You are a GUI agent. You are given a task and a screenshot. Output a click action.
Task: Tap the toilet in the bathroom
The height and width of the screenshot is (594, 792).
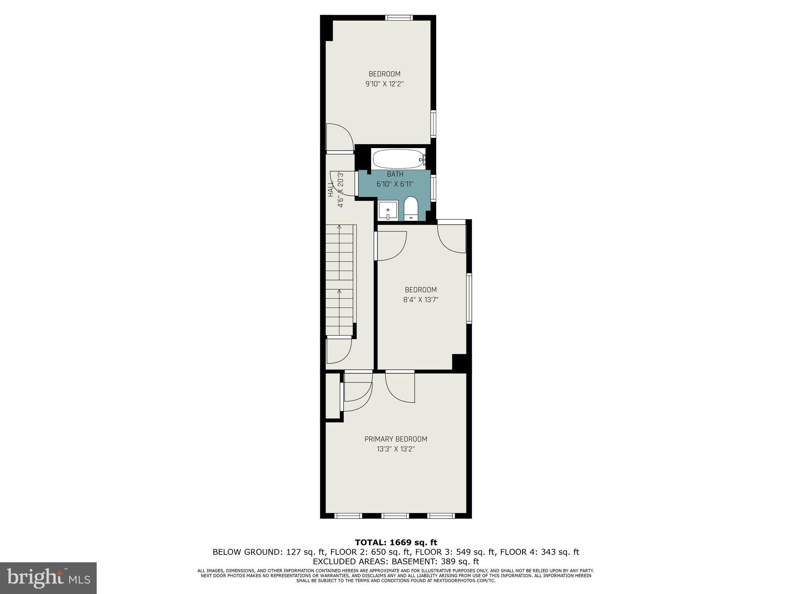[411, 208]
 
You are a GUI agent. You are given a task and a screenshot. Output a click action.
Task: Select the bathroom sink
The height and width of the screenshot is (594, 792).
[388, 211]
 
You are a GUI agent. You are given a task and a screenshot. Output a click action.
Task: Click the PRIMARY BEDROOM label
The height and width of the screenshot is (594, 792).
[396, 439]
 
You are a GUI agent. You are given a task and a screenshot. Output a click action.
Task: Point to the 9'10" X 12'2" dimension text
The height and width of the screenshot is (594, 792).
[384, 84]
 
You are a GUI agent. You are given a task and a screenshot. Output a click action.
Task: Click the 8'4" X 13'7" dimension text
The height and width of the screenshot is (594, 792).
[421, 299]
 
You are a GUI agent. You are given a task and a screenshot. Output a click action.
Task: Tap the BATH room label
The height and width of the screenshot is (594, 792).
[395, 174]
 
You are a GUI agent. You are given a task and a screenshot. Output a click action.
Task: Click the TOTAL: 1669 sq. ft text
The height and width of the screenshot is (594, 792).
[396, 543]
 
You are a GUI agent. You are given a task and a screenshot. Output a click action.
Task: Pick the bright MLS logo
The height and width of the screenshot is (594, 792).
[48, 578]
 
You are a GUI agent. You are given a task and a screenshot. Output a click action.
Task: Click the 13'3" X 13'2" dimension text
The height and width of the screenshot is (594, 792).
[396, 449]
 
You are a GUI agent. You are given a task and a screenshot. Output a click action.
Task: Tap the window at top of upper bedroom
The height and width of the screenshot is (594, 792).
[399, 17]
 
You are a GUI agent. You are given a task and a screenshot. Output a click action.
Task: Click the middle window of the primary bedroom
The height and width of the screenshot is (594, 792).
[395, 515]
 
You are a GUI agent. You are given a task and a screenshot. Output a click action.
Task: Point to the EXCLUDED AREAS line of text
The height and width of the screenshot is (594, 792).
[396, 561]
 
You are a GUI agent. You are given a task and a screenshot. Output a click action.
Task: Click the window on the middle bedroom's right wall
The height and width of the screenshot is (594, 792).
[469, 298]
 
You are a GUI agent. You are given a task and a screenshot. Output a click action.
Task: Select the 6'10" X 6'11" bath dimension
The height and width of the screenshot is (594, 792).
[395, 184]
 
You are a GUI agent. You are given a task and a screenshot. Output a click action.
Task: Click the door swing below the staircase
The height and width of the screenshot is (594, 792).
[338, 350]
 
